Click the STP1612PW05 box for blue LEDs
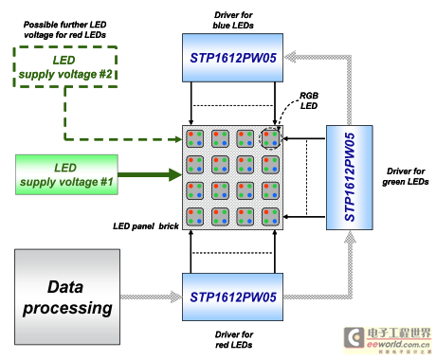[232, 58]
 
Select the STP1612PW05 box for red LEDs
[232, 297]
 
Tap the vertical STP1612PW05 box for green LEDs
[350, 177]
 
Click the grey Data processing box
[67, 297]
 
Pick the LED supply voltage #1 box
[66, 174]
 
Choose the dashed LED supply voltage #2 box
[65, 66]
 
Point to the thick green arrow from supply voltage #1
[150, 174]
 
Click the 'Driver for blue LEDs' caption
[233, 20]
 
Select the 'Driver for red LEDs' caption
[234, 339]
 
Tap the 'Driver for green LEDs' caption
[406, 176]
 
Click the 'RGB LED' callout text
[309, 100]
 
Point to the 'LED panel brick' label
[146, 226]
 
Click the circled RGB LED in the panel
[270, 138]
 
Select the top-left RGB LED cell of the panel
[194, 138]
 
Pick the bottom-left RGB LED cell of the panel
[194, 217]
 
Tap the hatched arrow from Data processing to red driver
[151, 297]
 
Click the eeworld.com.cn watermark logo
[387, 340]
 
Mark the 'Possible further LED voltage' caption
[64, 29]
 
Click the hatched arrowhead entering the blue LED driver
[291, 57]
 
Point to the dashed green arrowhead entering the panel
[178, 139]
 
